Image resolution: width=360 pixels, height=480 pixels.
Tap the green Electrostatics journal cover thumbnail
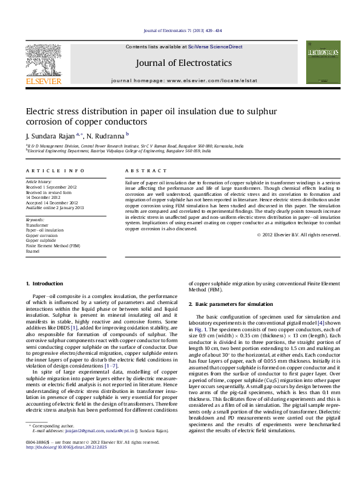[x=322, y=62]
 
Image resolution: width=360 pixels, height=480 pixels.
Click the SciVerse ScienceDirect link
[x=215, y=47]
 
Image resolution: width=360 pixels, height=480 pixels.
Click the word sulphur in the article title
[x=262, y=111]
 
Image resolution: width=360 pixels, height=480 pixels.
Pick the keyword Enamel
[x=33, y=251]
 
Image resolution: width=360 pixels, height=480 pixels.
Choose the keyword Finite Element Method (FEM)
[x=53, y=246]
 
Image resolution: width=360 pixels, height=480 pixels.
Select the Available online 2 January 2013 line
[x=54, y=207]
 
